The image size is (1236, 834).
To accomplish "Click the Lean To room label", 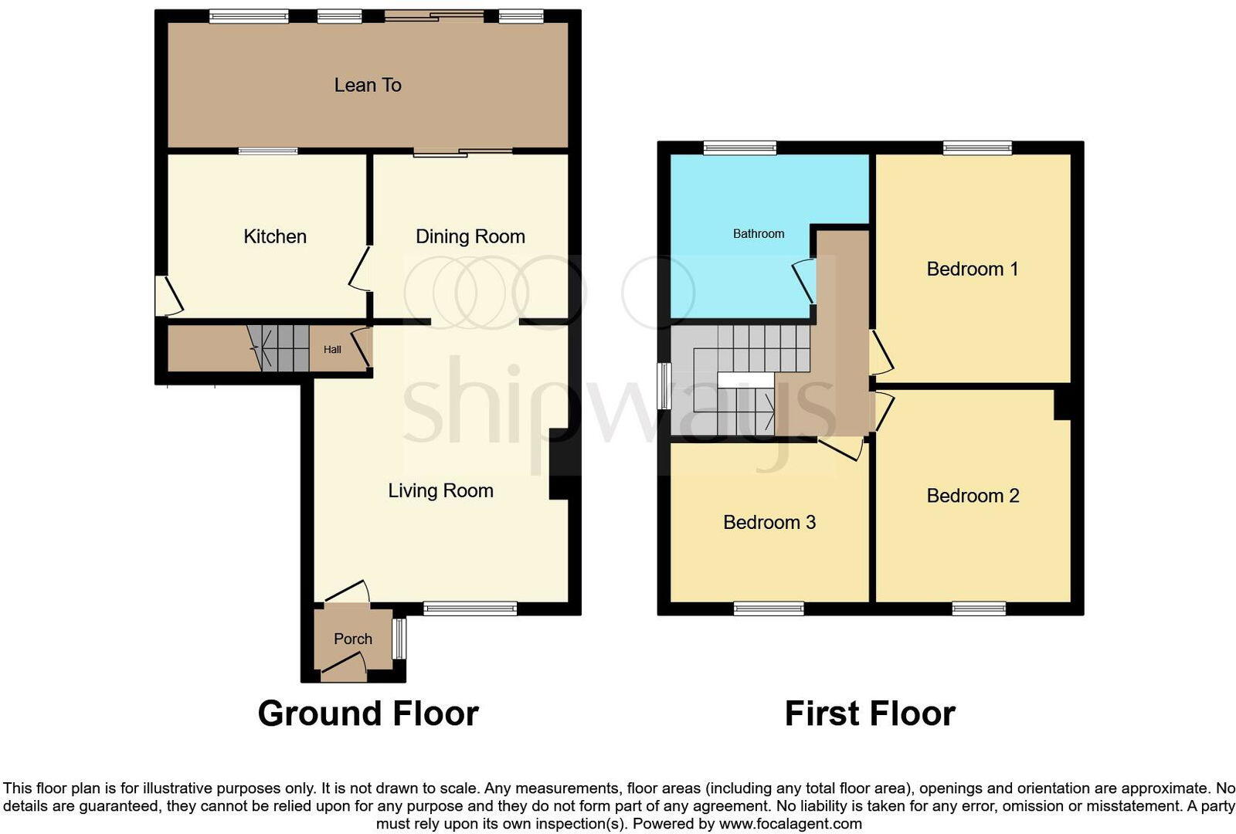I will [368, 85].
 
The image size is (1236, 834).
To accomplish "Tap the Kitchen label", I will [275, 236].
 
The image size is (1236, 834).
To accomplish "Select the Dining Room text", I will [470, 236].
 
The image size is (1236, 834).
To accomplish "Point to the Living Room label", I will [440, 490].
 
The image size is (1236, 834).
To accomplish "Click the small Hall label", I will [332, 350].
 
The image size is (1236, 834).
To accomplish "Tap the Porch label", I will [353, 639].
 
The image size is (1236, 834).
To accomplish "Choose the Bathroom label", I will [758, 233].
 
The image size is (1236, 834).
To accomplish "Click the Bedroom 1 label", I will [972, 269].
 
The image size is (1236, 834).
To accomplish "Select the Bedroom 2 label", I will [973, 496].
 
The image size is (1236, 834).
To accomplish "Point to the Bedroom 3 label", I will [769, 522].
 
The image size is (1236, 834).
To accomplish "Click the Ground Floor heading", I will [368, 714].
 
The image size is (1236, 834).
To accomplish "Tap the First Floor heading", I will [870, 714].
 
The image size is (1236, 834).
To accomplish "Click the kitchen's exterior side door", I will [167, 297].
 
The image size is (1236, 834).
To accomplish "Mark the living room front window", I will [470, 609].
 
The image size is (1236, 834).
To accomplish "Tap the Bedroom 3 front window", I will [769, 609].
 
